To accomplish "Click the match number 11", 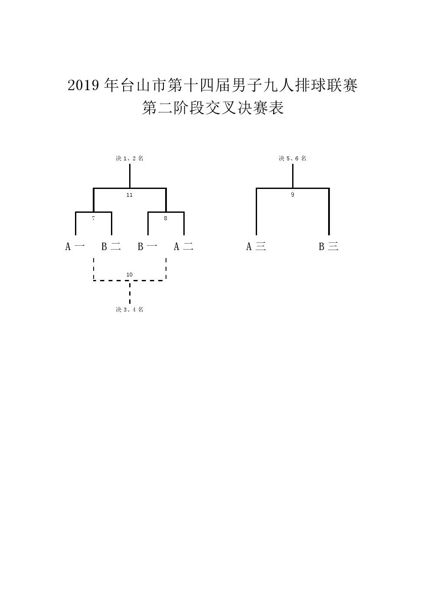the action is coord(130,195).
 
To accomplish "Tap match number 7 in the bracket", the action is coord(93,218).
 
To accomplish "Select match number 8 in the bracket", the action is coord(166,218).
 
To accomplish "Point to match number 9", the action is coord(292,195).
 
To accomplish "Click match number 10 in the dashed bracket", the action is coord(130,275).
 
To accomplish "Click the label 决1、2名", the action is coord(130,158).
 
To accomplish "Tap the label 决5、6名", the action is coord(292,158).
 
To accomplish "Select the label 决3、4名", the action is coord(130,309).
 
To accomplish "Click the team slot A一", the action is coord(75,247).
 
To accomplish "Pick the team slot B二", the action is coord(111,247).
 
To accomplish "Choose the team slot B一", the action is coord(148,247).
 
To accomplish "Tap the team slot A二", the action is coord(184,247).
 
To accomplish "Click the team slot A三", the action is coord(256,247).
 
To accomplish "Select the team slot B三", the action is coord(329,247).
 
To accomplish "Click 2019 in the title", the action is coord(83,85).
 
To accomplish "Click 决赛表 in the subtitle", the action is coord(261,108).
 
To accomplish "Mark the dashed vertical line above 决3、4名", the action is coord(130,293).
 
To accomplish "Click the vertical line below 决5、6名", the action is coord(293,176).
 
